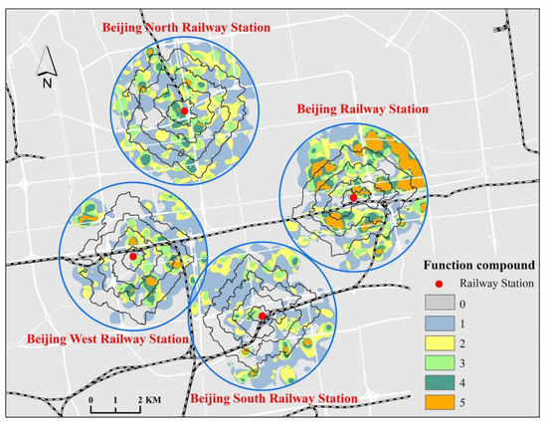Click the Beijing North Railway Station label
coord(186,27)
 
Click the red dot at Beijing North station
coord(185,109)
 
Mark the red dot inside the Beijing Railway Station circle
coord(352,198)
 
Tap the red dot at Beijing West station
coord(132,256)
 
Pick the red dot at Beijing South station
coord(262,317)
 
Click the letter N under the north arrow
coord(46,85)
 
